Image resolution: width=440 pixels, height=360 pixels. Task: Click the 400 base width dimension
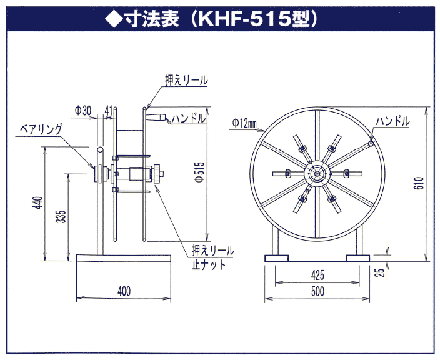pyautogui.click(x=124, y=291)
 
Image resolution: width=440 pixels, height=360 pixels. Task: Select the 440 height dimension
pyautogui.click(x=38, y=203)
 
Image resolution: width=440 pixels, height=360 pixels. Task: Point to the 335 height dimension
pyautogui.click(x=61, y=217)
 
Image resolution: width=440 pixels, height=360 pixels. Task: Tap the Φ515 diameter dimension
pyautogui.click(x=200, y=169)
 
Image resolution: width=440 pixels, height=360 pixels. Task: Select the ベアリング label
pyautogui.click(x=41, y=129)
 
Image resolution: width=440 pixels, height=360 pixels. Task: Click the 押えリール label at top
pyautogui.click(x=186, y=81)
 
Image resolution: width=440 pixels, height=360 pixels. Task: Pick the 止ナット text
pyautogui.click(x=208, y=264)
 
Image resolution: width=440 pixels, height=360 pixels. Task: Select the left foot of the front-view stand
pyautogui.click(x=275, y=257)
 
